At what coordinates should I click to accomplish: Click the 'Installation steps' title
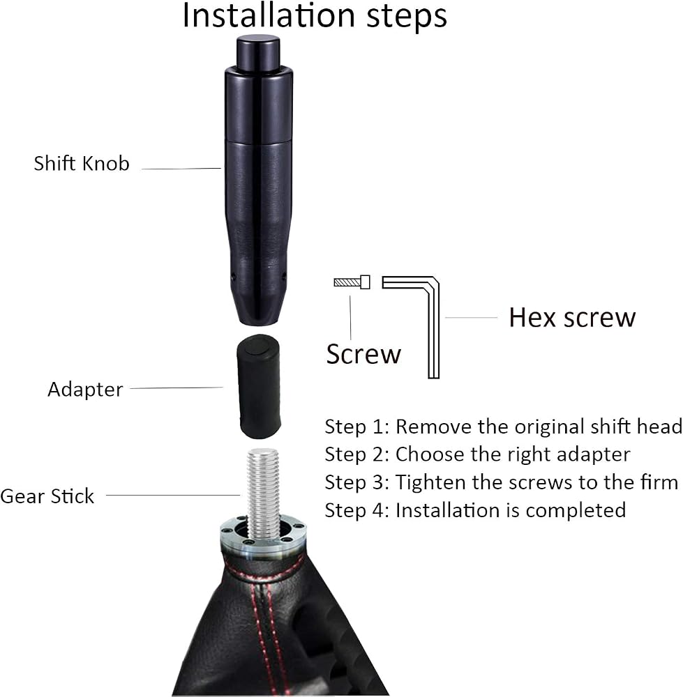click(315, 15)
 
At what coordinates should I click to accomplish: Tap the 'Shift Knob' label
click(82, 163)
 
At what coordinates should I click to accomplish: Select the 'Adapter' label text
click(85, 390)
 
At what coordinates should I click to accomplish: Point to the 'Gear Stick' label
click(47, 496)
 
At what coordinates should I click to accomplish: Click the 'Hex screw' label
click(572, 317)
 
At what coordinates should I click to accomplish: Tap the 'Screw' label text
click(363, 354)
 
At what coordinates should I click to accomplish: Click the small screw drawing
click(352, 282)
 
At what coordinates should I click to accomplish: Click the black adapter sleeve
click(260, 386)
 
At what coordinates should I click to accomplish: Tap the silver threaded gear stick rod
click(263, 493)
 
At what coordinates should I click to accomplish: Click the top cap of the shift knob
click(258, 53)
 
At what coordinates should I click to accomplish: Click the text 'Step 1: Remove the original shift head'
click(504, 427)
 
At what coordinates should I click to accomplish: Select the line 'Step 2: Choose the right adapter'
click(477, 454)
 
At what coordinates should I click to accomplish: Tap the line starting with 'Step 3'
click(502, 482)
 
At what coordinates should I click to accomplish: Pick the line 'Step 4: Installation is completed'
click(475, 510)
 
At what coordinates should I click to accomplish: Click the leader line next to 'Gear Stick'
click(173, 495)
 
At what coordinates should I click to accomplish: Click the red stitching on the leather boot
click(262, 622)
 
